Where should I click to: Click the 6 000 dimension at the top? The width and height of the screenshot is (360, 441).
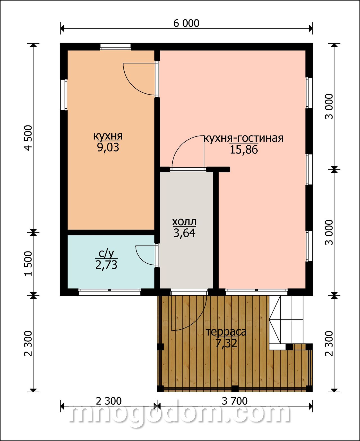coord(186,23)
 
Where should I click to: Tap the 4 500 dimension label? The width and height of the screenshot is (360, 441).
coord(28,138)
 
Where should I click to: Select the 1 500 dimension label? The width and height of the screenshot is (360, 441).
coord(28,264)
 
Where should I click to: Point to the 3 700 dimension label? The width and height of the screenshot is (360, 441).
coord(235,401)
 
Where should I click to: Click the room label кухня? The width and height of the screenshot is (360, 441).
coord(108,136)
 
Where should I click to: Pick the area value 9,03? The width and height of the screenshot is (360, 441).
coord(108,148)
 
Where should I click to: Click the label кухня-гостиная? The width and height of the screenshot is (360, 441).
coord(243,138)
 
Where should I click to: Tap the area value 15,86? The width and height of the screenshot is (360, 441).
coord(244,150)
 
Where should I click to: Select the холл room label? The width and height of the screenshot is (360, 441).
coord(184,222)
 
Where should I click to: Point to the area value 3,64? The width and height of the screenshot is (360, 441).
coord(184,233)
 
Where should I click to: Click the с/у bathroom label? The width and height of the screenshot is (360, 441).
coord(106,254)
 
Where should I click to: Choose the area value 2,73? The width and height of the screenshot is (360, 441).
coord(106,265)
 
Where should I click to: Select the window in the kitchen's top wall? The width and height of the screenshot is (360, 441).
coord(115,46)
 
